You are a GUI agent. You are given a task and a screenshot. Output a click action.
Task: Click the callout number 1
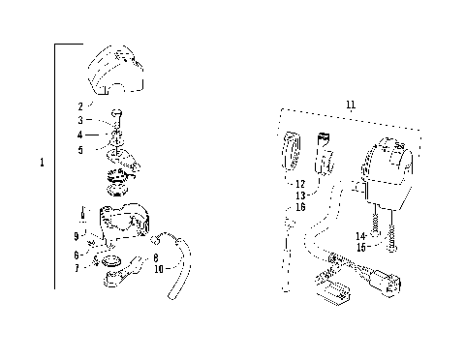[x=43, y=164]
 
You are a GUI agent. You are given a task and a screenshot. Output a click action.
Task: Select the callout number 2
[x=80, y=105]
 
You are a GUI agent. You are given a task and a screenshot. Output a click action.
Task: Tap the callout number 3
[x=80, y=120]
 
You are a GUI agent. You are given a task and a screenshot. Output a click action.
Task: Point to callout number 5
[x=80, y=149]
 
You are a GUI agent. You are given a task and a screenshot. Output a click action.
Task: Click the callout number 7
[x=77, y=267]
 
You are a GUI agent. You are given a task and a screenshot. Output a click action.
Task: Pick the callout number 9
[x=76, y=236]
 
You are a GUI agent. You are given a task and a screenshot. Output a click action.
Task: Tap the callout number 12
[x=300, y=183]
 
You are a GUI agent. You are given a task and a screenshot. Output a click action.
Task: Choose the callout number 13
[x=300, y=195]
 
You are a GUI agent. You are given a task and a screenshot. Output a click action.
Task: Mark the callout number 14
[x=359, y=235]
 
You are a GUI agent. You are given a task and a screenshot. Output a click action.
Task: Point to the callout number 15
[x=359, y=247]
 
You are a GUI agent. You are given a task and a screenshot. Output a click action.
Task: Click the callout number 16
[x=300, y=207]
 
